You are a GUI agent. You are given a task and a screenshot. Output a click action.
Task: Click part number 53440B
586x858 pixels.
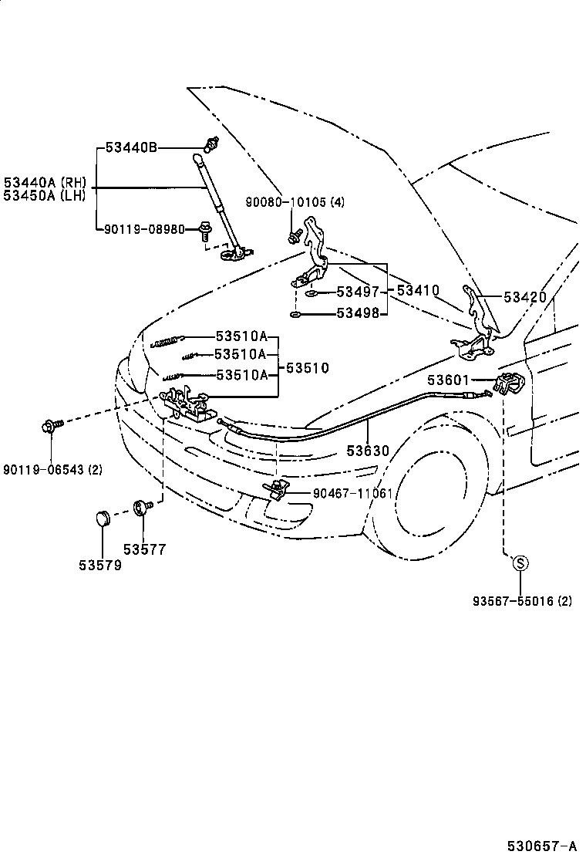pyautogui.click(x=131, y=147)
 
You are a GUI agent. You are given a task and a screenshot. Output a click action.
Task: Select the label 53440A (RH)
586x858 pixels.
pyautogui.click(x=45, y=182)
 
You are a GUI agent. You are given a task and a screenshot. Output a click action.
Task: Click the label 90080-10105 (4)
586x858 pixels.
pyautogui.click(x=295, y=202)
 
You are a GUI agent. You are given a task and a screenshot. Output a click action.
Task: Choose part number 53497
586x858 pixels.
pyautogui.click(x=359, y=292)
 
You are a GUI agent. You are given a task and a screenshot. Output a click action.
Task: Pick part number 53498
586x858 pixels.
pyautogui.click(x=359, y=314)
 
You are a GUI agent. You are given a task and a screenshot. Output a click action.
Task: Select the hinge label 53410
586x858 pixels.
pyautogui.click(x=418, y=291)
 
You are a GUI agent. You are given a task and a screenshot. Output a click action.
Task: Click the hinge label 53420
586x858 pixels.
pyautogui.click(x=525, y=297)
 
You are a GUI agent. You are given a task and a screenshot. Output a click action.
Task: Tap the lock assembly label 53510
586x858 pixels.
pyautogui.click(x=307, y=368)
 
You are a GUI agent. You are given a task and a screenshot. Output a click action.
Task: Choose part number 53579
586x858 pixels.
pyautogui.click(x=99, y=565)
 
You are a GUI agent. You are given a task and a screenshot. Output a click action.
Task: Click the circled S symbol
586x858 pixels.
pyautogui.click(x=520, y=563)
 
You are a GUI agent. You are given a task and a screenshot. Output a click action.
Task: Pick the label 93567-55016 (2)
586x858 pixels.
pyautogui.click(x=523, y=601)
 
